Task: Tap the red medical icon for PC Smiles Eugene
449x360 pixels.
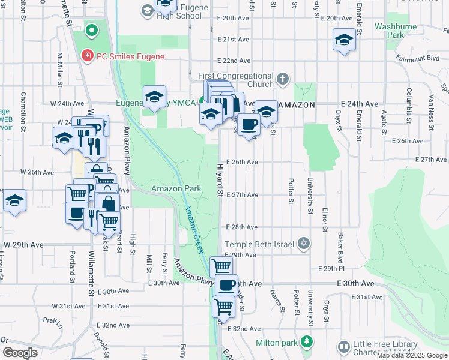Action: (87, 56)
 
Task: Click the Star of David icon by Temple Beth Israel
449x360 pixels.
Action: (304, 243)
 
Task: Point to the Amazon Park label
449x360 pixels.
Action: (176, 188)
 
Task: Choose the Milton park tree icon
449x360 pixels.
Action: (307, 341)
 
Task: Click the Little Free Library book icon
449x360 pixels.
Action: (343, 347)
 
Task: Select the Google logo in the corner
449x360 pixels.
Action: (20, 353)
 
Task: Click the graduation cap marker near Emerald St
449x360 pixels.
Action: (344, 40)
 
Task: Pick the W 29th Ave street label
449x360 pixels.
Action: (24, 245)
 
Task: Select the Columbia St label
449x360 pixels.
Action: (408, 103)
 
